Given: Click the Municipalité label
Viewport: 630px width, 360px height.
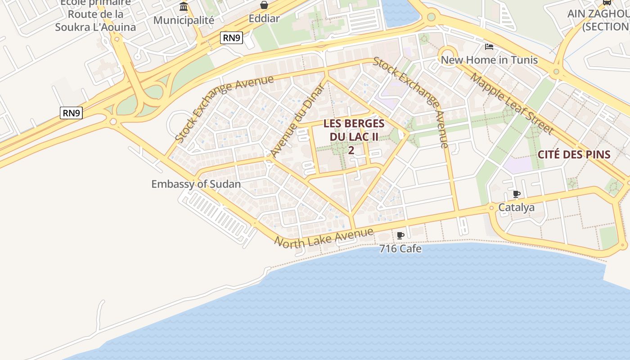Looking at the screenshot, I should [184, 20].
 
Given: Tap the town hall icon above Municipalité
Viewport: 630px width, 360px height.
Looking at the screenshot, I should [184, 7].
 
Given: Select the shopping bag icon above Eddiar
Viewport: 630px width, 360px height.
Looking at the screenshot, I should [264, 5].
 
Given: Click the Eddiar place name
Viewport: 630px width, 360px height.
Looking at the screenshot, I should [264, 19].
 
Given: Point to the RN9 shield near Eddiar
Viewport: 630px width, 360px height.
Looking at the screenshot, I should [232, 38].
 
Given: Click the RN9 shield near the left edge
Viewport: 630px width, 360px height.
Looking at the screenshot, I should [71, 113].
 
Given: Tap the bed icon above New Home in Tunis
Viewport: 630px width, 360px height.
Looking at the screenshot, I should [489, 47].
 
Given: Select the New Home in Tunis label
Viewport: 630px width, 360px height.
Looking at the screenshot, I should [489, 60].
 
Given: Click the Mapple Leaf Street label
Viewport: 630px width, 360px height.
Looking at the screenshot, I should [512, 103].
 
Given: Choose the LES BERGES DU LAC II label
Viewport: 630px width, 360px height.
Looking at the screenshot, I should [354, 130].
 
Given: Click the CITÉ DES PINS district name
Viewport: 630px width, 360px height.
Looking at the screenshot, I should [574, 155].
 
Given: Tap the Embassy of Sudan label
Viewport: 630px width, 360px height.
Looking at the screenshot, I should [196, 184].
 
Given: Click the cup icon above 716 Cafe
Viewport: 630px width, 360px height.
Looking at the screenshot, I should [400, 235].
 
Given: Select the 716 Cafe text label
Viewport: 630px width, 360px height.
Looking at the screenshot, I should [400, 248].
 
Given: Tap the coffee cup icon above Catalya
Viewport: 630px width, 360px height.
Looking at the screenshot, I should [517, 194].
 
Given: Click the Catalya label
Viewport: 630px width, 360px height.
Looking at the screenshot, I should [517, 207].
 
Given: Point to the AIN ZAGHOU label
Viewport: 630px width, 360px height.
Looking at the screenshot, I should [598, 13].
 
